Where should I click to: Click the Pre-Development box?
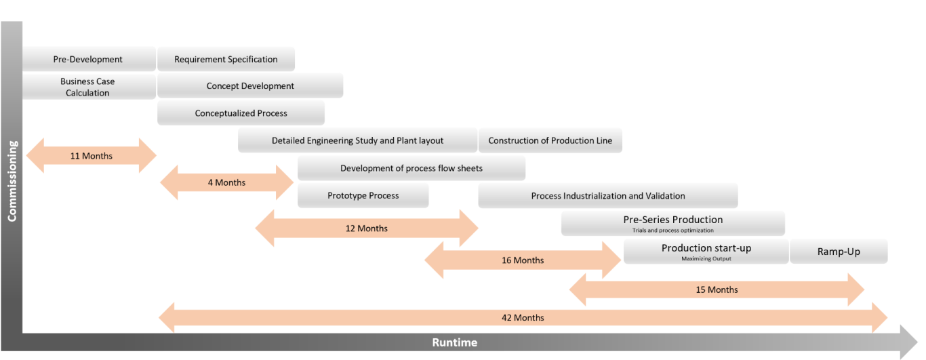[x=88, y=60]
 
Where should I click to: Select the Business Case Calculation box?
[x=88, y=87]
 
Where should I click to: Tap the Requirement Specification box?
[x=226, y=60]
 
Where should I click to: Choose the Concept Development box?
[x=250, y=86]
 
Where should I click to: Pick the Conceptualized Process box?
[x=241, y=113]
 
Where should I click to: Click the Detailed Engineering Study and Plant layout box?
[x=357, y=141]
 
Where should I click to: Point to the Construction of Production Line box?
[x=550, y=141]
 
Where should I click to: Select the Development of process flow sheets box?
[x=411, y=168]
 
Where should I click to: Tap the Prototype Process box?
[x=363, y=196]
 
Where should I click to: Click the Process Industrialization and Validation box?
[x=607, y=196]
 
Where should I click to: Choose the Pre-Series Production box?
[x=672, y=223]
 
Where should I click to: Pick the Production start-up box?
[x=706, y=252]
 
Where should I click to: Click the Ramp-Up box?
[x=839, y=252]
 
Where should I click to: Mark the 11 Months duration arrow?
[x=91, y=156]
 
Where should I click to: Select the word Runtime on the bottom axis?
[x=454, y=342]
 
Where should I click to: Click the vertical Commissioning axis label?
[x=12, y=181]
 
